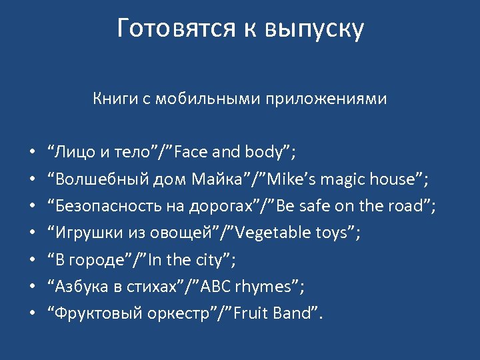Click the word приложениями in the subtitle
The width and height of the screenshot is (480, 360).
[326, 99]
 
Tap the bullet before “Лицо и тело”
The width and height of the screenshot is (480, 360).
[31, 153]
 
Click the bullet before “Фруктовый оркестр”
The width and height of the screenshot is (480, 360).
[31, 313]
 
